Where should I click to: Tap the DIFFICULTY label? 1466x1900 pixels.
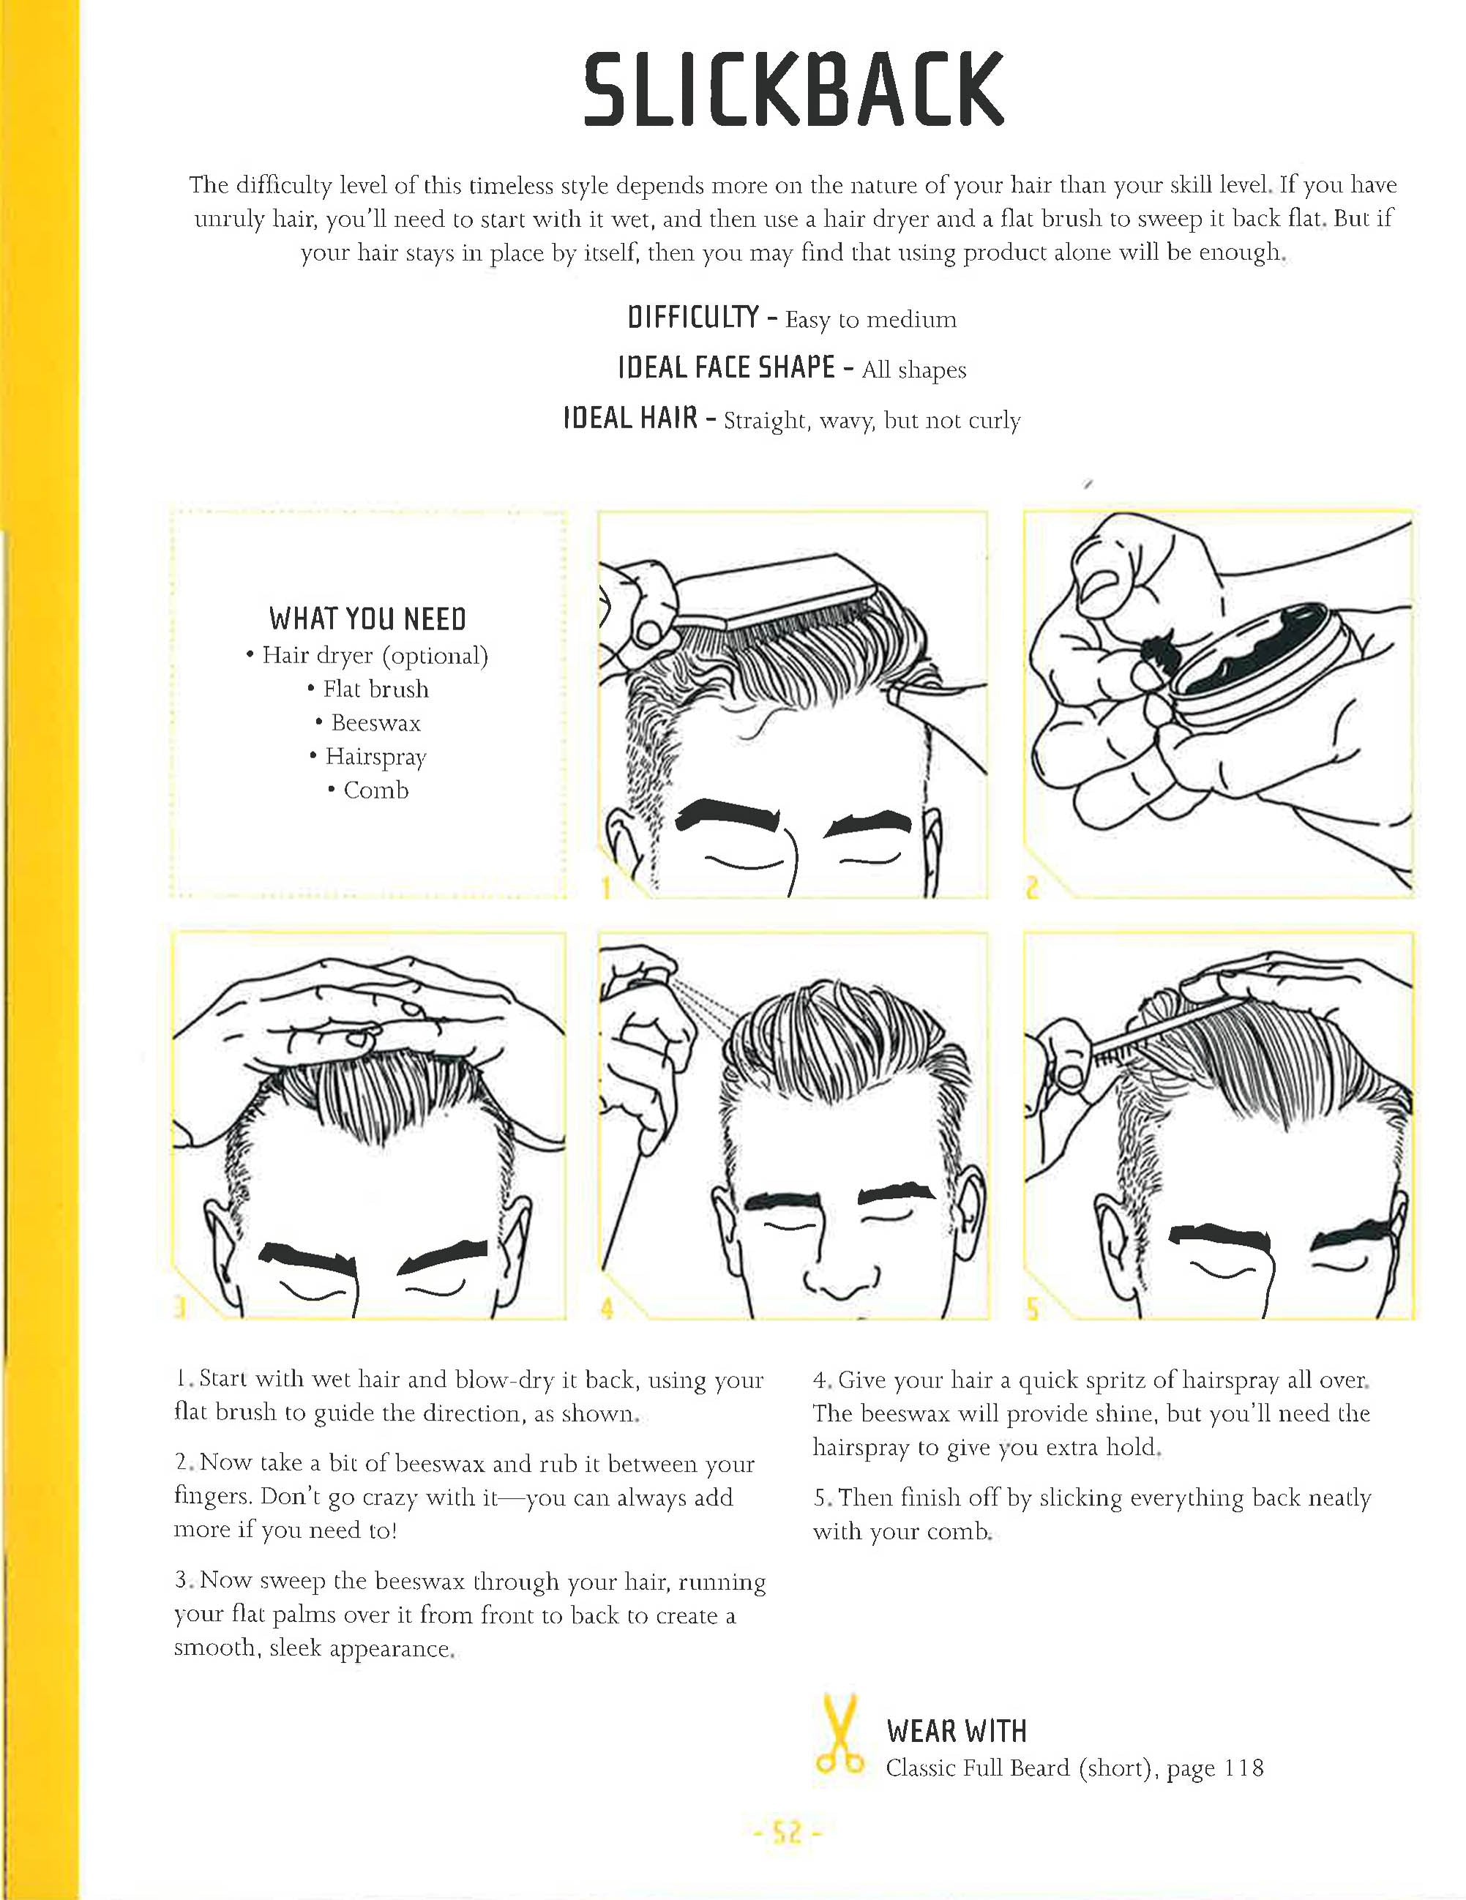(x=692, y=318)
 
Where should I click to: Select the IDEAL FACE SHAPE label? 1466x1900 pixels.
(x=725, y=368)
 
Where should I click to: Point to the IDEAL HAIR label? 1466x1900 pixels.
(x=630, y=419)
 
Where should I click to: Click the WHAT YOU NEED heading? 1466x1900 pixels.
(x=367, y=618)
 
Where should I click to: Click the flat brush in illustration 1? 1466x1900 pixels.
(x=774, y=591)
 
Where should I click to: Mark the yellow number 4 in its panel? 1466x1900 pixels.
(x=607, y=1308)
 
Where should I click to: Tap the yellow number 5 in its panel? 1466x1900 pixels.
(x=1033, y=1308)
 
